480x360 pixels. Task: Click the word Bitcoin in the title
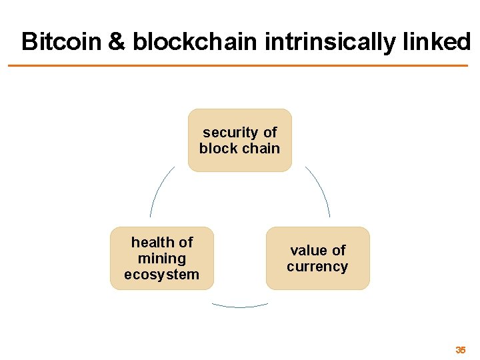[61, 42]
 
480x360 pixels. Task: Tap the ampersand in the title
[115, 42]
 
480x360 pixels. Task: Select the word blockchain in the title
[195, 42]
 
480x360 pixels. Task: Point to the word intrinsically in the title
[331, 42]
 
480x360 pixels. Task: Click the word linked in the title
[435, 42]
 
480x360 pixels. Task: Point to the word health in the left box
[153, 243]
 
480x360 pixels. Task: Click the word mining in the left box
[161, 259]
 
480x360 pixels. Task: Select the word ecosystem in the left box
[161, 275]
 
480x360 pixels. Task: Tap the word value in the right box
[309, 251]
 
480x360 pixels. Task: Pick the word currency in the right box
[317, 267]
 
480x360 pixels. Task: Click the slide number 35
[460, 350]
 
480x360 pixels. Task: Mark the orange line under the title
[238, 65]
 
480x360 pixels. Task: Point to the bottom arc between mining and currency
[240, 307]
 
